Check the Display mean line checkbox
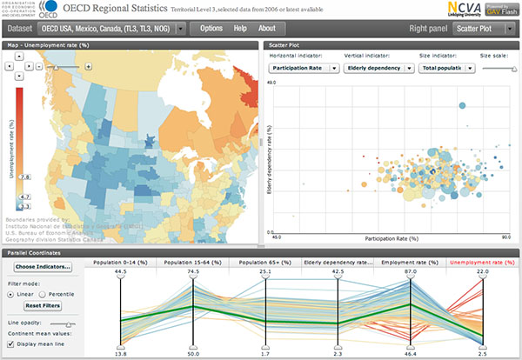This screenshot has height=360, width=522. point(10,343)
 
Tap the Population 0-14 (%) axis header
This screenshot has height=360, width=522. point(120,262)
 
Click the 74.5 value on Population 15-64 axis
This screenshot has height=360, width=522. point(193,271)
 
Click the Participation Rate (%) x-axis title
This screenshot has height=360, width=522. point(391,237)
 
